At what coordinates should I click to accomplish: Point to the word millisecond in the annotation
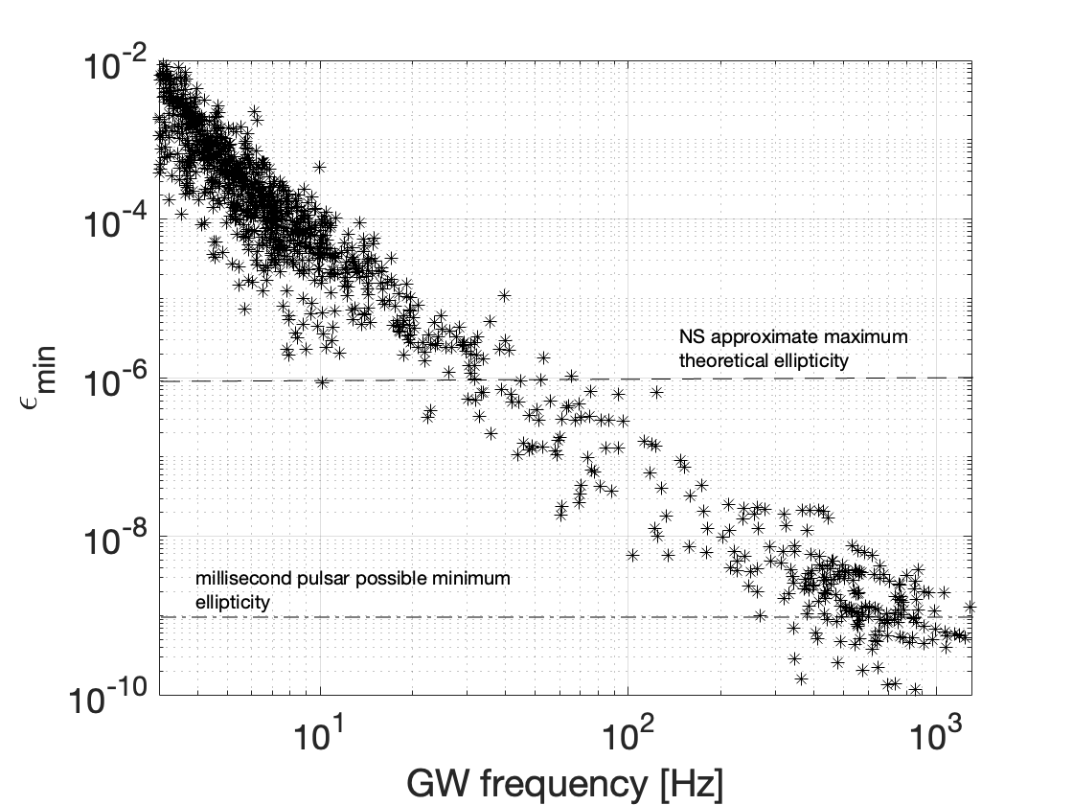238,579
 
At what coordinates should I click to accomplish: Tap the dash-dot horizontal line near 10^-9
479,616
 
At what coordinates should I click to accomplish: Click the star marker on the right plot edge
970,606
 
